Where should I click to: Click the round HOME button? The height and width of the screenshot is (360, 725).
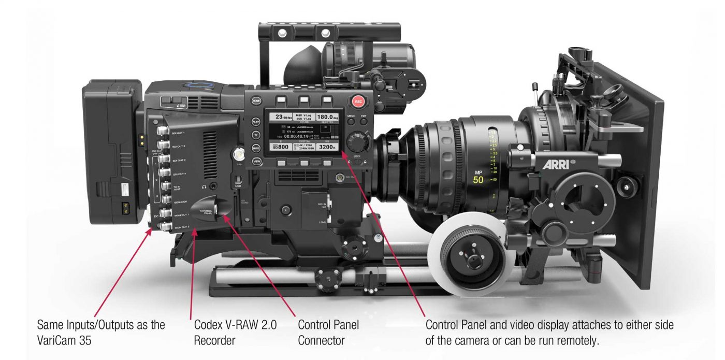coord(256,102)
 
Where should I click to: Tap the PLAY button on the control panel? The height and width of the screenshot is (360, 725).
coord(256,122)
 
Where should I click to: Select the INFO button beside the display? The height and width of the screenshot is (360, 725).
coord(256,148)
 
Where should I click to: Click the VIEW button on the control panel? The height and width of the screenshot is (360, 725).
coord(256,161)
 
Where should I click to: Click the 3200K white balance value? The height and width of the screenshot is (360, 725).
coord(327,147)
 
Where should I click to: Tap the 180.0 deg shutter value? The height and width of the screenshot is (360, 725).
coord(327,117)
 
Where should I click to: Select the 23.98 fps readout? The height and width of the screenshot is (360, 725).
coord(283,117)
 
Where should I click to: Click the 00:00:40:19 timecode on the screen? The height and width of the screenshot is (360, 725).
coord(303,136)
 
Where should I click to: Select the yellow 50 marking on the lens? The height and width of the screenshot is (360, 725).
coord(479,180)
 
